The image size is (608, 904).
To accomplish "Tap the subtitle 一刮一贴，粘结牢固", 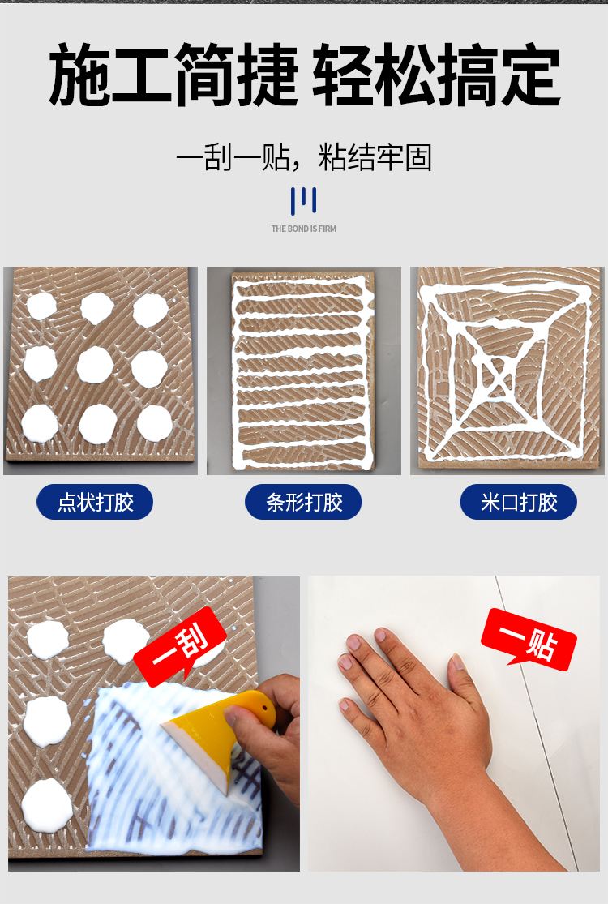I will tap(303, 157).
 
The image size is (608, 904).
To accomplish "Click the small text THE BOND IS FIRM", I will tap(303, 229).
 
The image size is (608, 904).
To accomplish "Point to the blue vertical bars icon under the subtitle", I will tap(303, 200).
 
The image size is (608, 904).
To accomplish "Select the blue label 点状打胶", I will tap(95, 503).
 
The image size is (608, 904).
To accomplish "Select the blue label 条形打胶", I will tap(304, 503).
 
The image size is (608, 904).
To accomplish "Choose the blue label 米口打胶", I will tap(518, 503).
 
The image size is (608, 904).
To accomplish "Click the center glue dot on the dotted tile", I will tap(95, 365).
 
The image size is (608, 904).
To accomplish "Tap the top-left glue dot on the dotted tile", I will tap(41, 306).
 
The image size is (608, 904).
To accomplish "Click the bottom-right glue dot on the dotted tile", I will tap(154, 422).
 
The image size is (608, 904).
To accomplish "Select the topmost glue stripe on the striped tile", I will tap(302, 286).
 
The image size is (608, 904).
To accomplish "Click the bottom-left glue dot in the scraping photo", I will tap(46, 803).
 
